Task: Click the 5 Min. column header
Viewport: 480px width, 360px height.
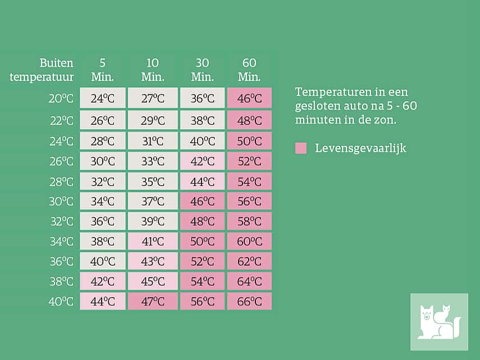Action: (x=103, y=70)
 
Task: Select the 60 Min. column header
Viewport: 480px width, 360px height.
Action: (x=249, y=70)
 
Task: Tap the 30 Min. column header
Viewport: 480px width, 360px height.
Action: (x=203, y=70)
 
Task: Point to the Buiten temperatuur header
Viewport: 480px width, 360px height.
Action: (x=42, y=70)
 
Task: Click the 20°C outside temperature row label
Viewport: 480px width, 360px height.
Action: (x=61, y=98)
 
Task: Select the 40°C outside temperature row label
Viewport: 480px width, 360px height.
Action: (x=61, y=301)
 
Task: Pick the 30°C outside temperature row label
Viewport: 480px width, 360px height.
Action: (x=61, y=201)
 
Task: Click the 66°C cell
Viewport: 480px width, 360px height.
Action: (x=249, y=301)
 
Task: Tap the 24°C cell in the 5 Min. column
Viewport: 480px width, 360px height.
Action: (x=103, y=98)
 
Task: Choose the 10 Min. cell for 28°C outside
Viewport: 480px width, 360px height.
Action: (x=153, y=181)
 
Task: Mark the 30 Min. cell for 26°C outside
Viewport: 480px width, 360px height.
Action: (x=203, y=161)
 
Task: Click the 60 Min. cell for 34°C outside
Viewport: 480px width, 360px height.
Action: (x=249, y=241)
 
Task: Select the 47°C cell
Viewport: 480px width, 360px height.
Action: (x=153, y=301)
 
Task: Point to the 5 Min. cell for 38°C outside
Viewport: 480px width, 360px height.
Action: (x=103, y=281)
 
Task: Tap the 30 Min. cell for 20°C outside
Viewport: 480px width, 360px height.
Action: (x=203, y=98)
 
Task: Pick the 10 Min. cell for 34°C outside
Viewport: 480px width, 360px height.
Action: (x=153, y=241)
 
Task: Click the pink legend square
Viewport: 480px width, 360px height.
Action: (x=301, y=148)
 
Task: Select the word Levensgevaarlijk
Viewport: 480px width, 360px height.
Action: (x=360, y=148)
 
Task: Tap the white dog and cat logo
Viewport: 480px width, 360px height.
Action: (x=439, y=322)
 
